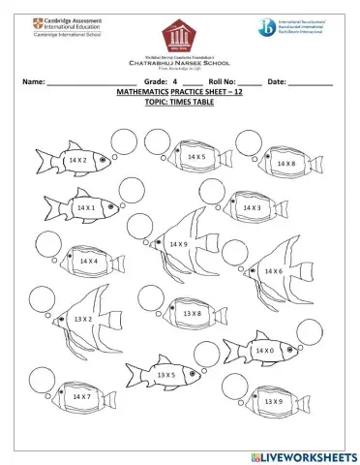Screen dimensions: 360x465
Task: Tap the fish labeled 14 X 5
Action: click(x=196, y=158)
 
